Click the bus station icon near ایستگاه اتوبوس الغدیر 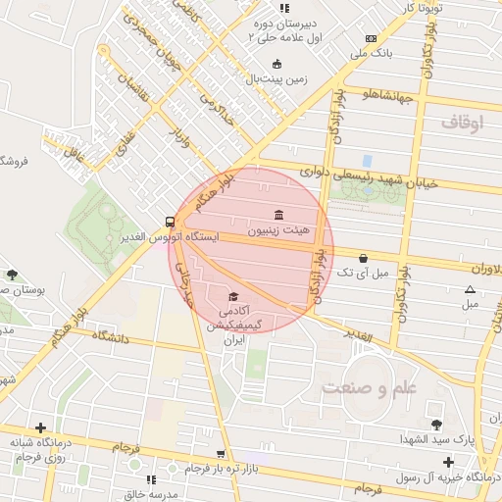coord(171,222)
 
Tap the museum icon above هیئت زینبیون coord(279,215)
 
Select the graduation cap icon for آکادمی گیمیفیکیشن coord(233,296)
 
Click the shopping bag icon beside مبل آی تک coord(364,258)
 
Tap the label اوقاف coord(463,123)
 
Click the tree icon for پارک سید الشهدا coord(436,424)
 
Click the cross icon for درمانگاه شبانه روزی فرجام coord(40,427)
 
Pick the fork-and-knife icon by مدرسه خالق coord(151,478)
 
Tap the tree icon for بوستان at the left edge coord(11,275)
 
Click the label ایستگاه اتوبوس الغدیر coord(167,238)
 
